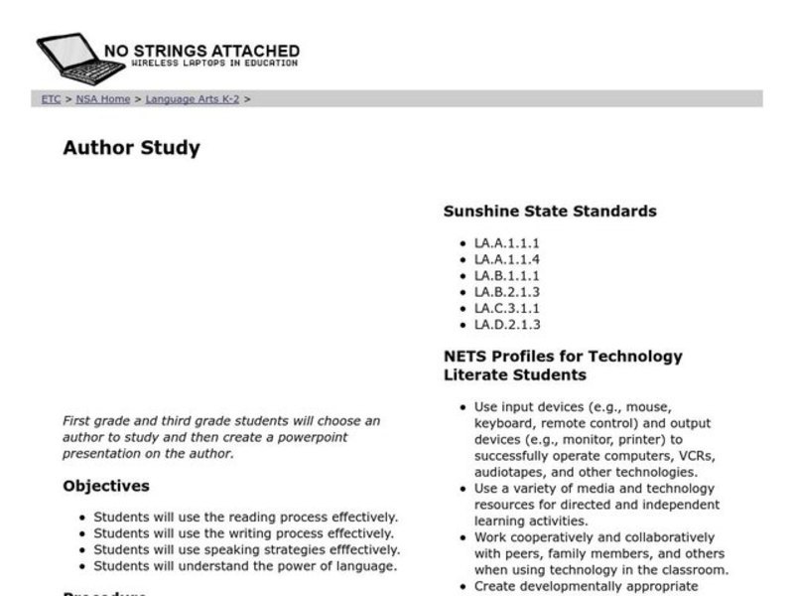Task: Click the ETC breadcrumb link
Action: point(51,99)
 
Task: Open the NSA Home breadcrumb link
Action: point(103,99)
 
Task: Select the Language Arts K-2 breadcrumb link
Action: point(192,99)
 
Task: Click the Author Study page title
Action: point(131,149)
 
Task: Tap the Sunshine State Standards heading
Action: point(549,211)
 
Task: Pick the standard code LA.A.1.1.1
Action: point(506,243)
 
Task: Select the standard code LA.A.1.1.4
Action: point(506,259)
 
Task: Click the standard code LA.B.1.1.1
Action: point(506,276)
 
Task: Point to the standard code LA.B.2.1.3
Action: point(506,292)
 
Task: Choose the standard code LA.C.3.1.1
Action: point(506,309)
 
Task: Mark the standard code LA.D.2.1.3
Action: point(506,325)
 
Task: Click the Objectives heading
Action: point(106,487)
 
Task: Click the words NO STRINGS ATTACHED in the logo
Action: point(201,51)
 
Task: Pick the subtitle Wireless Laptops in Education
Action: point(213,65)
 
